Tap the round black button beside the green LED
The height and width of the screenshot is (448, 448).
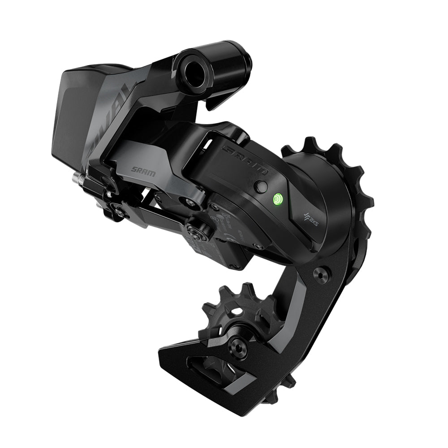pyautogui.click(x=261, y=186)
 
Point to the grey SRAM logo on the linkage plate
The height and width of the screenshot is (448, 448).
pyautogui.click(x=143, y=171)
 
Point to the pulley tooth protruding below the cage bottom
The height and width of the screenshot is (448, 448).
pyautogui.click(x=271, y=396)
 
